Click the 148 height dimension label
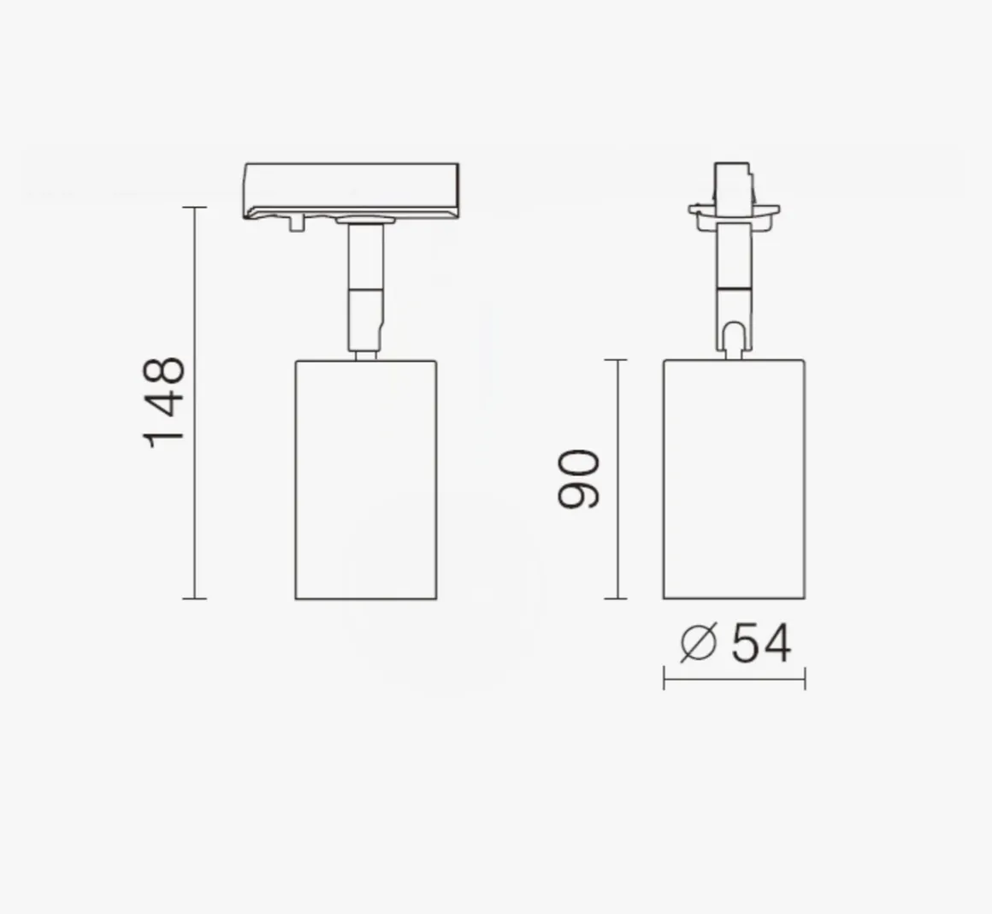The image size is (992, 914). click(x=164, y=403)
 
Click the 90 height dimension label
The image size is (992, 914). click(x=577, y=479)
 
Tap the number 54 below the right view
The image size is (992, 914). click(x=761, y=643)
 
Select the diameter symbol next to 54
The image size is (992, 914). click(x=699, y=643)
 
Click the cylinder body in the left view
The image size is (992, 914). click(x=366, y=480)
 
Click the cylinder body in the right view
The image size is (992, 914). click(x=734, y=479)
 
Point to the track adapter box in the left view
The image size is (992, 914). click(x=351, y=191)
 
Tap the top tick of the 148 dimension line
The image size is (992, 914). click(x=195, y=207)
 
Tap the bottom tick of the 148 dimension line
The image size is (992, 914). click(x=195, y=599)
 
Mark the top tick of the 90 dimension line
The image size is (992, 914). click(x=616, y=360)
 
